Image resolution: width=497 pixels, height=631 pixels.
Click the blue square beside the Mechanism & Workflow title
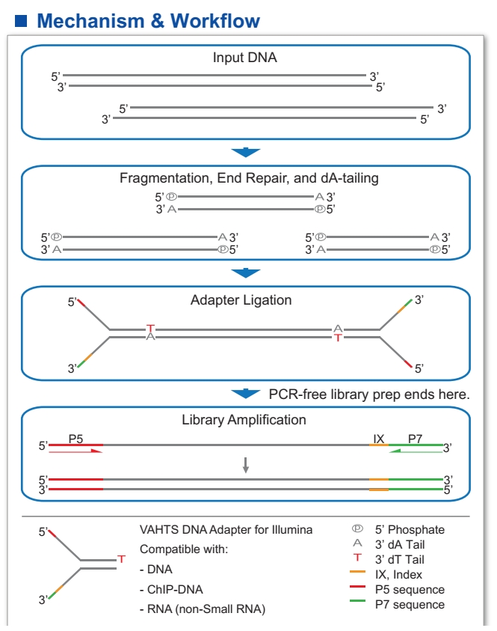(x=21, y=21)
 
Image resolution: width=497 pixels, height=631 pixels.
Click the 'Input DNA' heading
(x=244, y=58)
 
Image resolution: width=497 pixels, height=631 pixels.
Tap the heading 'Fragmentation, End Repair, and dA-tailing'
(x=249, y=178)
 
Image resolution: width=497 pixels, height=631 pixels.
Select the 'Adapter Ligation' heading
(x=241, y=300)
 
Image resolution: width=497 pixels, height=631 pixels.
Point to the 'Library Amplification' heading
(x=244, y=420)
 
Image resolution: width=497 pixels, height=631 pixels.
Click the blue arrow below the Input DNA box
(x=246, y=152)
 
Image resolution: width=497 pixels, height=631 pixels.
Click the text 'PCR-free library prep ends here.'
(x=369, y=394)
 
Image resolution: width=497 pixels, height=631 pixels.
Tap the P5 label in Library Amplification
(x=75, y=439)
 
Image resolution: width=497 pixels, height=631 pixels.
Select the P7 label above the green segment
(x=415, y=439)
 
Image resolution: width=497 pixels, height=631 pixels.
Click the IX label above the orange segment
(x=378, y=439)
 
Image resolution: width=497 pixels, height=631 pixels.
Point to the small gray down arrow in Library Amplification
(x=246, y=465)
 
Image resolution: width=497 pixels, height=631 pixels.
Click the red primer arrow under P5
(x=75, y=451)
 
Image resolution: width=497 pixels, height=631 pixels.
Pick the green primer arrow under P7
(x=416, y=451)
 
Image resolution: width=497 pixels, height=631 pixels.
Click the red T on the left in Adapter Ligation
(x=151, y=328)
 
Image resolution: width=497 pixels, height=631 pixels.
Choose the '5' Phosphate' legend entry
(x=410, y=530)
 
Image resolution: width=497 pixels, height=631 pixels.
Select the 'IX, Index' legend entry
(x=398, y=575)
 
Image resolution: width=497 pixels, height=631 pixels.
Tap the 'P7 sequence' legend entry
(x=410, y=605)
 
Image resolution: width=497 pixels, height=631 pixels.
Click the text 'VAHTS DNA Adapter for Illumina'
(x=226, y=530)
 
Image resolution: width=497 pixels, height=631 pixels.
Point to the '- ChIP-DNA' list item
(x=171, y=590)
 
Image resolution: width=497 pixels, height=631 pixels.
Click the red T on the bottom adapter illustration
(x=122, y=559)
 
